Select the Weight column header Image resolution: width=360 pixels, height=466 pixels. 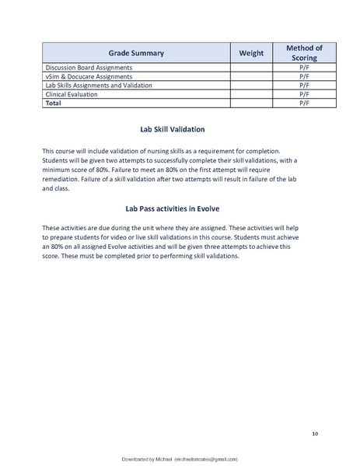[x=250, y=53]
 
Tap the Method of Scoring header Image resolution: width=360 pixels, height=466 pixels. [x=304, y=53]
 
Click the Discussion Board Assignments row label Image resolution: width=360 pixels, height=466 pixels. [x=89, y=68]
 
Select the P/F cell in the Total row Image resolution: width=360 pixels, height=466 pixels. [x=304, y=102]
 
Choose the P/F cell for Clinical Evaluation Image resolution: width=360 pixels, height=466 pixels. [x=304, y=93]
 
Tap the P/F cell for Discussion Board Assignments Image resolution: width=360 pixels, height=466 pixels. [x=304, y=68]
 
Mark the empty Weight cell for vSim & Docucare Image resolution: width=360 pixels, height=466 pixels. [x=250, y=76]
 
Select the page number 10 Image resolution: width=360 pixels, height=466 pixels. [x=314, y=433]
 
